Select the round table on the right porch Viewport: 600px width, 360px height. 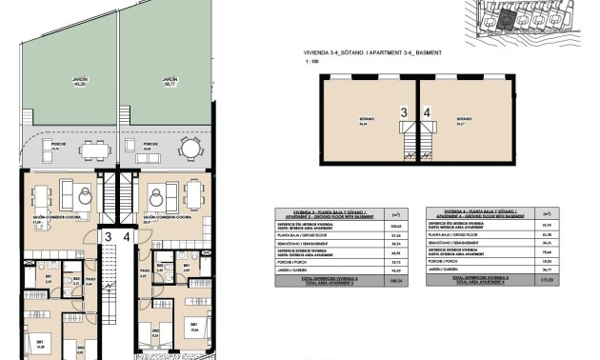190,150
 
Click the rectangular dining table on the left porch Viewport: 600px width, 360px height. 93,150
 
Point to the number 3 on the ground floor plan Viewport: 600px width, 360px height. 108,237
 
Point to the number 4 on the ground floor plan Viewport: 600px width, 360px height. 125,237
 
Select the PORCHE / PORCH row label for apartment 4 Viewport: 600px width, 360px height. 441,260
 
